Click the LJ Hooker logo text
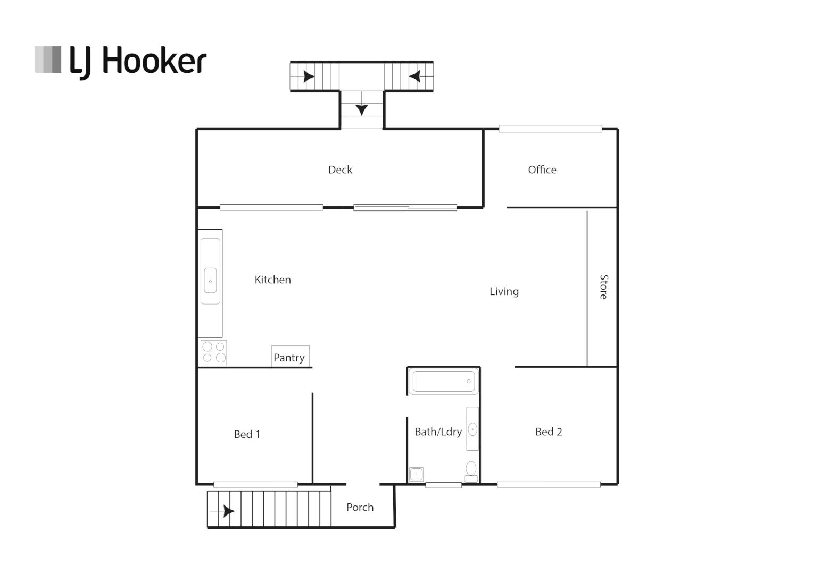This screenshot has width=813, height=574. (x=138, y=61)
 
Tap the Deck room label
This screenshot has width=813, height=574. (x=340, y=170)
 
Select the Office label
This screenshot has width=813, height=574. (x=542, y=170)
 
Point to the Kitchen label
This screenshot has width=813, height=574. (x=272, y=280)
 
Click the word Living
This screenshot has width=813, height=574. (x=504, y=292)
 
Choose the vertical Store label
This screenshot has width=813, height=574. (x=603, y=287)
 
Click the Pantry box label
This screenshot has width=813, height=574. (x=289, y=358)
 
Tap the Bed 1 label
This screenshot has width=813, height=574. (x=247, y=435)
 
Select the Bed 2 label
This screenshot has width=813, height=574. (x=549, y=432)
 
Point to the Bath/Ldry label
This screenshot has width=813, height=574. (x=438, y=432)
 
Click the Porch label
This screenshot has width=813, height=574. (x=360, y=508)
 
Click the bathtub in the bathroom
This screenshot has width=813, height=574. (x=443, y=382)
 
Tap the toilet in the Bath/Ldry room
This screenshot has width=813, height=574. (x=471, y=470)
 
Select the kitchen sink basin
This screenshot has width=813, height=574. (x=210, y=281)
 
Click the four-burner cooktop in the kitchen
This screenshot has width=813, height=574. (x=213, y=353)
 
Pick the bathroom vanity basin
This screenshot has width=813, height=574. (x=472, y=429)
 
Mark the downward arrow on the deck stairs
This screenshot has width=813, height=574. (x=362, y=109)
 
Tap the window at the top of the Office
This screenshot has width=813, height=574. (x=550, y=129)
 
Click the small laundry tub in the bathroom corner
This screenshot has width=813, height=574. (x=416, y=474)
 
